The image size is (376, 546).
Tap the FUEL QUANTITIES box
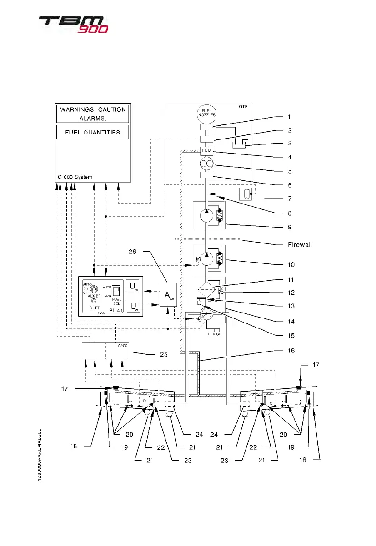click(92, 132)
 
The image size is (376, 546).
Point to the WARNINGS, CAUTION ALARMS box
click(92, 114)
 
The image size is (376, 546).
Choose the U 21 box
click(133, 306)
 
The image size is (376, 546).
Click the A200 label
click(122, 345)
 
